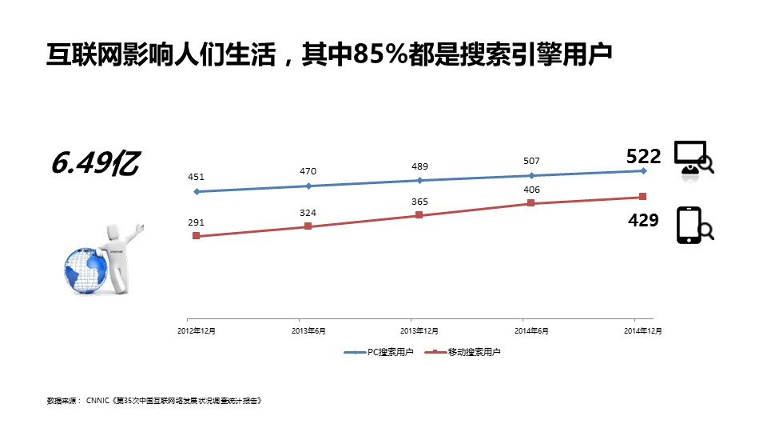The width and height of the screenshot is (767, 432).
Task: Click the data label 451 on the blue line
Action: pos(196,178)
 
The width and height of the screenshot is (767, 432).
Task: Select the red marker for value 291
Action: pos(196,236)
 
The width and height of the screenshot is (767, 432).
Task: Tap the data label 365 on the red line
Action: pos(419,202)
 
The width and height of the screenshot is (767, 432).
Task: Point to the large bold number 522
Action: pos(644,157)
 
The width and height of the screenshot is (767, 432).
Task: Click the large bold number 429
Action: pos(643,220)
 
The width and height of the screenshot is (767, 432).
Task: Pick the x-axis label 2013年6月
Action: pos(308,330)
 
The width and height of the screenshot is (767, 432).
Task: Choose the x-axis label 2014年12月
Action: pos(642,330)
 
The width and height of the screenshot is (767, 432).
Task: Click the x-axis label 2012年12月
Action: pos(196,330)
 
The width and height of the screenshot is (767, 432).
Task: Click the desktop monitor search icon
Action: pos(693,158)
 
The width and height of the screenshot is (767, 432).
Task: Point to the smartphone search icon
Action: pos(693,226)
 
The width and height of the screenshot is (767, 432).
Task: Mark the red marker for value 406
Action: pos(531,203)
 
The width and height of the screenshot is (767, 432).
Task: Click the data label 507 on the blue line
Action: pos(531,162)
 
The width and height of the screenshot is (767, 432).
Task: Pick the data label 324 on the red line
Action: pos(308,213)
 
